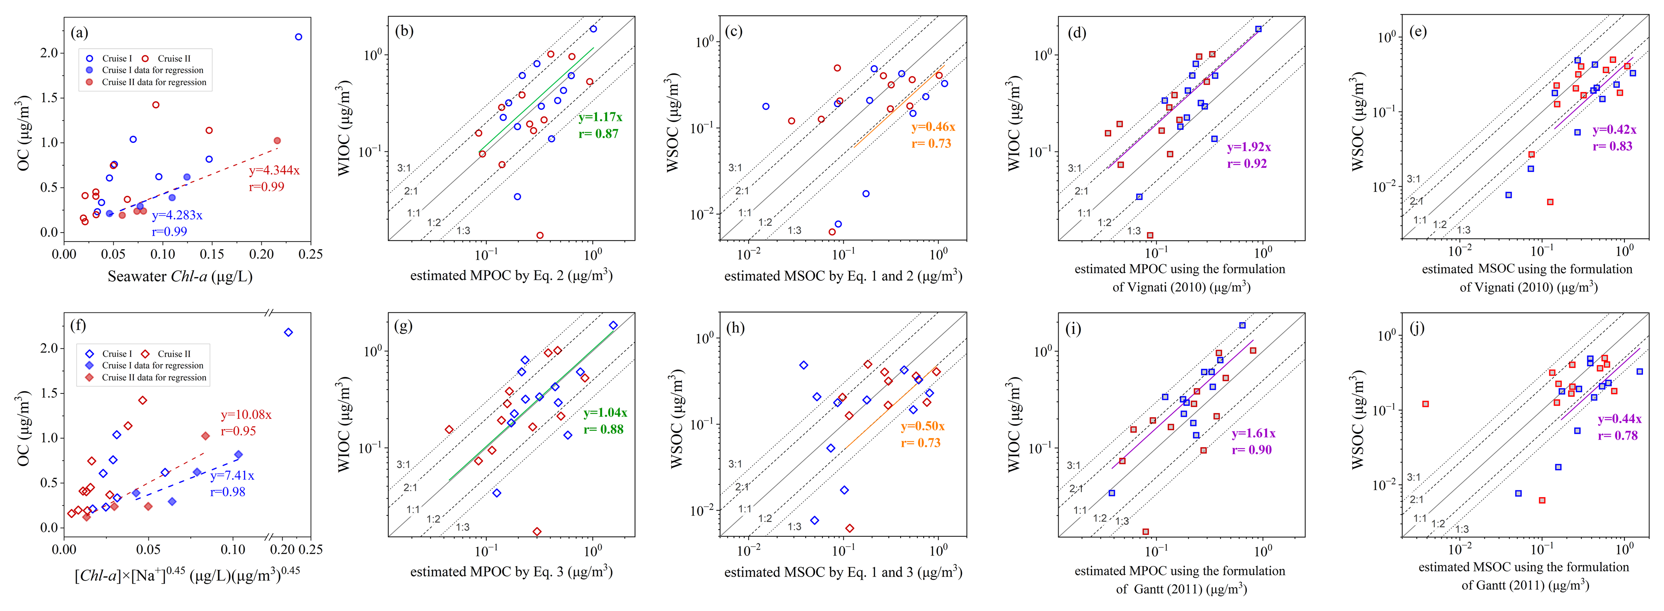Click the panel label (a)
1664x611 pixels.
point(80,32)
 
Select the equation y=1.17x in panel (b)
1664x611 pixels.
point(600,117)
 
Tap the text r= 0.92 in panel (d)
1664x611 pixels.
point(1247,163)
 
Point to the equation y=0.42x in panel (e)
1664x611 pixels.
point(1614,130)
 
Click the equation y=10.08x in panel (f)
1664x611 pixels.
point(246,415)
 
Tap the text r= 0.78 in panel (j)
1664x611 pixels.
point(1617,436)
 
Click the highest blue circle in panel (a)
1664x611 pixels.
point(298,37)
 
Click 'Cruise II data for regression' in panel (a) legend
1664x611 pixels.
point(154,82)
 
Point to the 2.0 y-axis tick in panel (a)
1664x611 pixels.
point(49,53)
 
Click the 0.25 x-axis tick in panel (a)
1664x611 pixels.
point(310,254)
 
